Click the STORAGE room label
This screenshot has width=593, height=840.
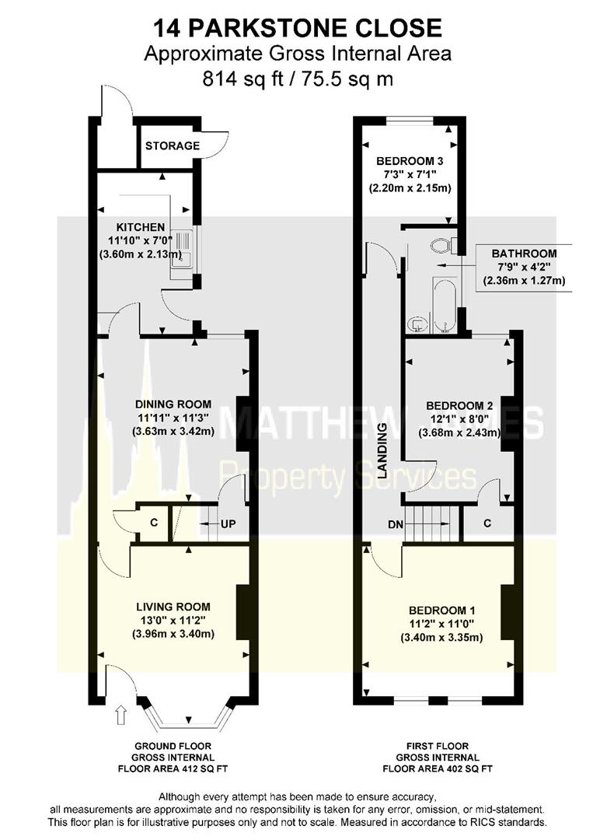[x=173, y=145]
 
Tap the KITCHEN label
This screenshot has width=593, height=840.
[x=140, y=227]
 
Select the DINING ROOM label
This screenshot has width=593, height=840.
[x=173, y=404]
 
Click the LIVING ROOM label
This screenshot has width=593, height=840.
[x=173, y=607]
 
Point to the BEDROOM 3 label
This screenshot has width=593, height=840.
[x=410, y=161]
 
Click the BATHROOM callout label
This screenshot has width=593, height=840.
[x=524, y=254]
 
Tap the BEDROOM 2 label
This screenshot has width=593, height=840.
[x=459, y=405]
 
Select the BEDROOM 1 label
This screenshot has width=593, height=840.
[x=441, y=611]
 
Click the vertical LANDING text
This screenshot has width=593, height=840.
[x=382, y=450]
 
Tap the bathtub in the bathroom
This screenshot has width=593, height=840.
[x=445, y=306]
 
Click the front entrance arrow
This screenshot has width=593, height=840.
[x=121, y=716]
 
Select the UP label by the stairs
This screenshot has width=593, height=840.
[x=228, y=523]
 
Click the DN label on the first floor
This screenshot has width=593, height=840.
[x=396, y=524]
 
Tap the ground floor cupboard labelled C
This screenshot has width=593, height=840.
[x=154, y=522]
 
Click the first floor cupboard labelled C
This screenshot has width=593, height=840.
[x=487, y=523]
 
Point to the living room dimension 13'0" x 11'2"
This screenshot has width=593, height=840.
[x=173, y=621]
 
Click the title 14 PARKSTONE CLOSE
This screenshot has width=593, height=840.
[x=298, y=28]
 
